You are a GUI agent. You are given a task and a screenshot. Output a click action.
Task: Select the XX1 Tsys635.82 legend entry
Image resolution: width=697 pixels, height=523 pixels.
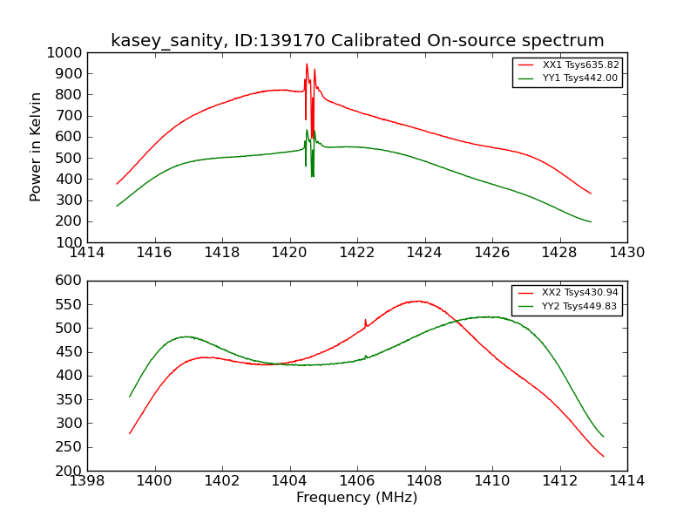point(580,65)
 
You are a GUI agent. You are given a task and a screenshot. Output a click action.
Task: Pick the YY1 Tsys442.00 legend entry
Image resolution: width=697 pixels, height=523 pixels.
point(580,78)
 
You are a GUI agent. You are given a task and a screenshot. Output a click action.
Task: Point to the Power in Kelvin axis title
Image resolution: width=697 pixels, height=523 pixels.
point(36,146)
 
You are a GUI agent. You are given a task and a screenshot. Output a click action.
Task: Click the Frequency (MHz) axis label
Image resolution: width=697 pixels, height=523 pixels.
point(356,498)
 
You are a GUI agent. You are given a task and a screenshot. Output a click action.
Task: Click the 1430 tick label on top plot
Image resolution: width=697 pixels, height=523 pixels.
point(626,253)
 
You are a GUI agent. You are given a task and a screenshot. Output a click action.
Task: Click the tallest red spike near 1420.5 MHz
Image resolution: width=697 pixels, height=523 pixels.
point(307,64)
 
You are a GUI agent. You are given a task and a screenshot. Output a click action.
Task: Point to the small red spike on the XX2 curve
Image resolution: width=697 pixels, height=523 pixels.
point(366,320)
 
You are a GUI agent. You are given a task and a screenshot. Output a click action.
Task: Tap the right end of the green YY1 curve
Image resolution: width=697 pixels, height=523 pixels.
point(590,221)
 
